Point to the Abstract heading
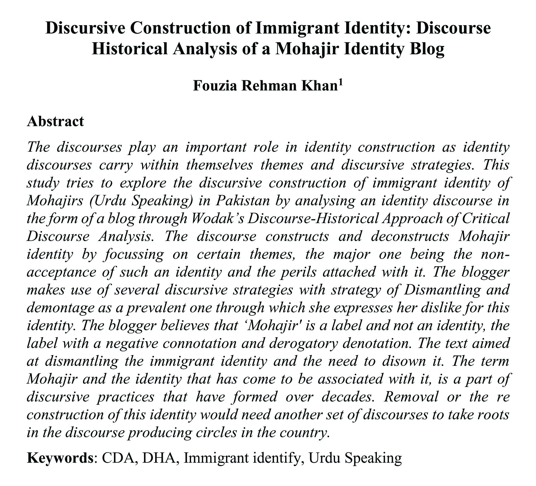point(55,121)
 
